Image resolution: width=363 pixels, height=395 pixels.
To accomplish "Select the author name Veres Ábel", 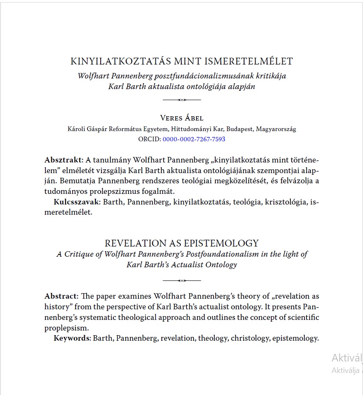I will (x=182, y=118).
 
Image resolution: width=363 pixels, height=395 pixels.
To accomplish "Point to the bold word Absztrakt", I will (x=63, y=160).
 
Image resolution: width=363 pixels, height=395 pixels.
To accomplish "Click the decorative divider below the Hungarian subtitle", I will (x=182, y=100).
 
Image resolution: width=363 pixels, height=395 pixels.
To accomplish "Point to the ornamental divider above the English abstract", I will (x=182, y=280).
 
